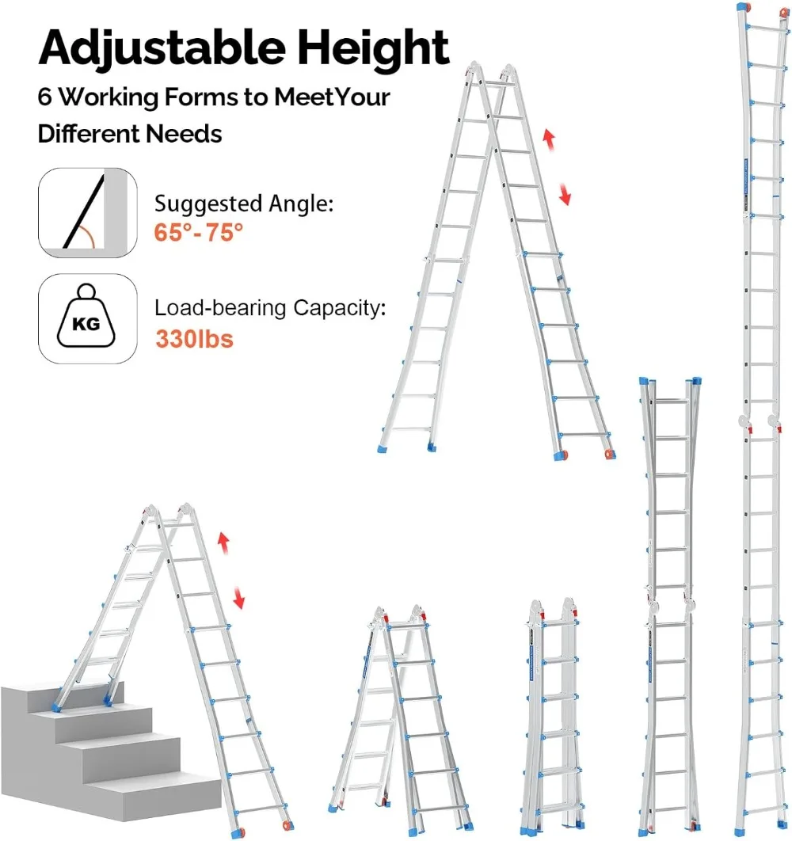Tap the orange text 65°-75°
pos(198,234)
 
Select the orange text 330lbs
pos(195,339)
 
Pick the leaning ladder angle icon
pos(83,212)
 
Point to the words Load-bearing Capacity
pos(270,307)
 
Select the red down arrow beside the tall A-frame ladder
pos(564,193)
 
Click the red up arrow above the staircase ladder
pos(223,545)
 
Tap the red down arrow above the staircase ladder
pos(238,599)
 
